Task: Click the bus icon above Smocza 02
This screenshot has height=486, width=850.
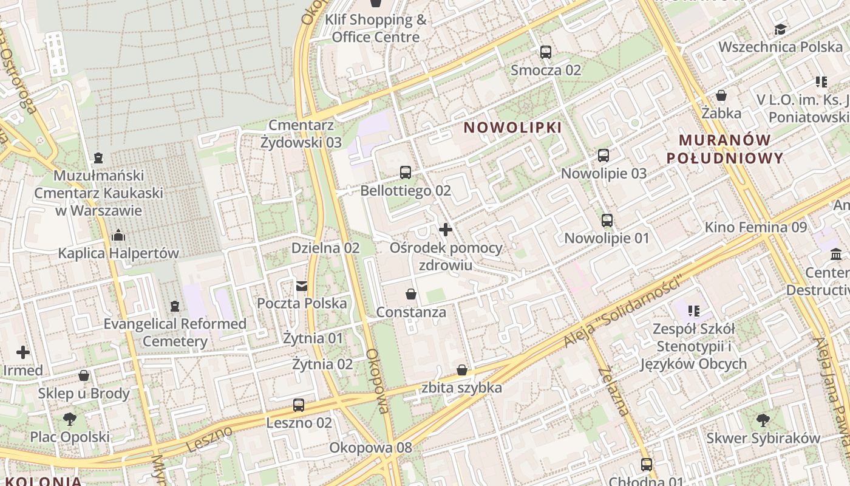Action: (x=546, y=52)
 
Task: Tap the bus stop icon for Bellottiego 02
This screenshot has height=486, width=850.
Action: (x=406, y=173)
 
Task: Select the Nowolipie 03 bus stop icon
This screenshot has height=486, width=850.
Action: (x=603, y=155)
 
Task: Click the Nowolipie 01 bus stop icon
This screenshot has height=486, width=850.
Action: (x=607, y=220)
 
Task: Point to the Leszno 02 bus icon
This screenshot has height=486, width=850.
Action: (x=299, y=405)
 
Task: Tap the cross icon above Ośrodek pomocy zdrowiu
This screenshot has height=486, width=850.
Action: (x=446, y=230)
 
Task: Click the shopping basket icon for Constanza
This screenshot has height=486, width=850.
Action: (x=411, y=294)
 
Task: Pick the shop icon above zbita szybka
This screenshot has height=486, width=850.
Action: (x=462, y=369)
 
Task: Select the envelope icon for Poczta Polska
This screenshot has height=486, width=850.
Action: (x=302, y=286)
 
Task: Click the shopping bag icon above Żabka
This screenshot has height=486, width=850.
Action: (x=721, y=95)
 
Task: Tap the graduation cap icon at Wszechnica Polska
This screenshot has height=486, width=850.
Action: (x=780, y=29)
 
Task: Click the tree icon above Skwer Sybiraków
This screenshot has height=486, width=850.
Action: (x=763, y=420)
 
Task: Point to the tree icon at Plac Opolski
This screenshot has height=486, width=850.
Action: (x=70, y=419)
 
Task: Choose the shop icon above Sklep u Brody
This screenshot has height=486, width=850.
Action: (x=84, y=375)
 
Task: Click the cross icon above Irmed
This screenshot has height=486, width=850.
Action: (x=23, y=352)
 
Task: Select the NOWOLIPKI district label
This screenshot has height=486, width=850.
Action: (x=513, y=128)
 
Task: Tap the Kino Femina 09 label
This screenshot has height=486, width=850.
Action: (x=755, y=227)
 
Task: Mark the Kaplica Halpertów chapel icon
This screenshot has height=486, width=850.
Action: (x=118, y=234)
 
